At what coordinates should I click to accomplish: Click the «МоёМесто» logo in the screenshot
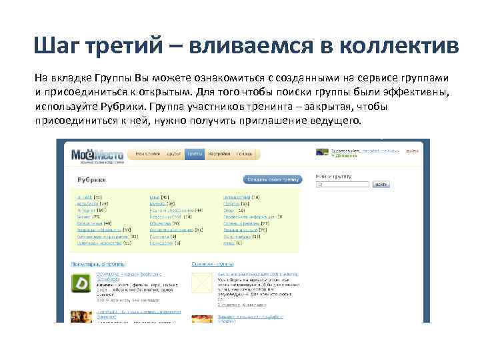97,156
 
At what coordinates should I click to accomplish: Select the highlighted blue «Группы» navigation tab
195,153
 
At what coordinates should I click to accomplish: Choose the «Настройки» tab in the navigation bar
219,153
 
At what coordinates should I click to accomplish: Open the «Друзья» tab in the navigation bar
175,153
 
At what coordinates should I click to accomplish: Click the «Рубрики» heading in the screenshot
92,180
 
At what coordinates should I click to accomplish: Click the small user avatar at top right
323,153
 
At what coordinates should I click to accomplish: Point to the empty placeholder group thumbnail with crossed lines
202,283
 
